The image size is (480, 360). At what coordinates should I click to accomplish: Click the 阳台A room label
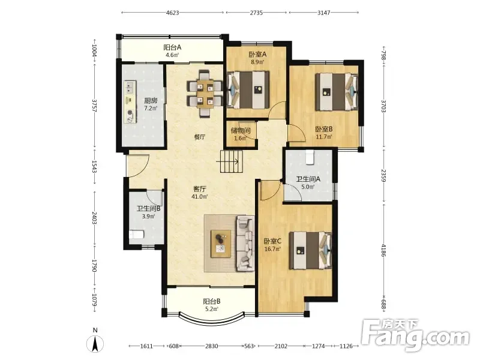(x=172, y=47)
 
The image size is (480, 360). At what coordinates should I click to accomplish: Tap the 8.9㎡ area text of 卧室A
(x=257, y=62)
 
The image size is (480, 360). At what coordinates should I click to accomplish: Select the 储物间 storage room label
(x=241, y=131)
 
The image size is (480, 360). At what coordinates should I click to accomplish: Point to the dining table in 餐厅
(x=205, y=94)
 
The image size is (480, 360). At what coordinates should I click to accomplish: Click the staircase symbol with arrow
(x=232, y=161)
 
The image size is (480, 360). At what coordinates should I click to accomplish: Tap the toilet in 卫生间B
(x=137, y=235)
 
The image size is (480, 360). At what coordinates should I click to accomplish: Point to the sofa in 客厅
(x=245, y=244)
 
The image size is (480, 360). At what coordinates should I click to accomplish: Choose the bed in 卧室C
(x=310, y=250)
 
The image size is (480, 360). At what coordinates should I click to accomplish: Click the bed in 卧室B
(x=337, y=92)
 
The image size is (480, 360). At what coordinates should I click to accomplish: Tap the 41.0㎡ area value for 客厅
(x=200, y=197)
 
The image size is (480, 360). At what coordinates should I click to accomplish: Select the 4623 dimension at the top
(x=173, y=13)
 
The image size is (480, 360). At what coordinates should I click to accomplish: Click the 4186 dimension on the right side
(x=384, y=250)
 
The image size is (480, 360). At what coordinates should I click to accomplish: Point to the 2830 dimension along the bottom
(x=212, y=346)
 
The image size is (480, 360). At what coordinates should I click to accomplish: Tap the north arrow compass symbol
(x=95, y=344)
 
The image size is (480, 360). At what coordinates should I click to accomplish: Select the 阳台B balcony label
(x=212, y=301)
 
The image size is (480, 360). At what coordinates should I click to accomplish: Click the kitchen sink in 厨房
(x=130, y=87)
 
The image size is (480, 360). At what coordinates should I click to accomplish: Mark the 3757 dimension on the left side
(x=95, y=106)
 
